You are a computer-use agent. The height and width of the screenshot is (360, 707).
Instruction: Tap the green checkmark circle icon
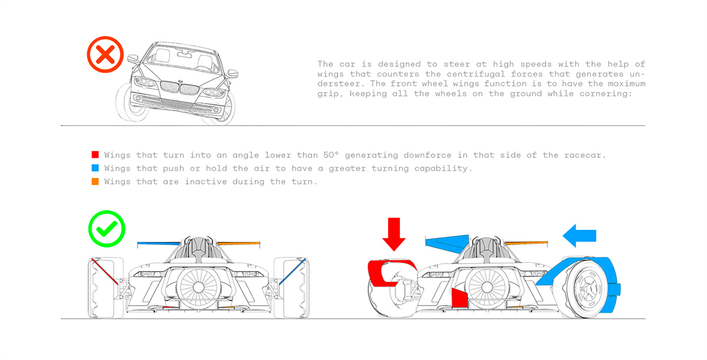[x=107, y=229]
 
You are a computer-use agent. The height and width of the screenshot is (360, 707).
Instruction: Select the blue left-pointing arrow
[x=580, y=236]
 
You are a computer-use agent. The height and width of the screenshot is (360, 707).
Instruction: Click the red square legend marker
[x=95, y=155]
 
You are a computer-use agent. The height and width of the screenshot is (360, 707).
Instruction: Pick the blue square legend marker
[x=95, y=169]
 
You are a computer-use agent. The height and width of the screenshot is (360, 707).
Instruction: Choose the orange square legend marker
[x=95, y=181]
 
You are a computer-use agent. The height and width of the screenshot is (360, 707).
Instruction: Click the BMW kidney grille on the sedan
[x=179, y=88]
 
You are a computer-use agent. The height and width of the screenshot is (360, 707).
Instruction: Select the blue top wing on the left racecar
[x=157, y=243]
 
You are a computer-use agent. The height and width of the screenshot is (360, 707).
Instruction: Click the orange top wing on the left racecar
[x=239, y=243]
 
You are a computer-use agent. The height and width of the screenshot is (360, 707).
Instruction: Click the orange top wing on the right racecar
[x=526, y=243]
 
